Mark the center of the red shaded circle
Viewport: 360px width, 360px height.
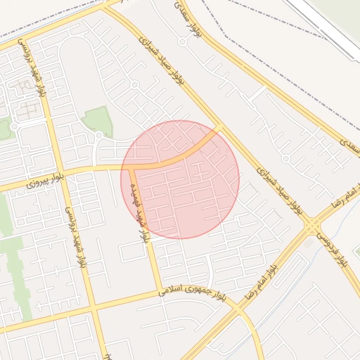tap(180, 179)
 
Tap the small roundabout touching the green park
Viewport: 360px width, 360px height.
tap(99, 135)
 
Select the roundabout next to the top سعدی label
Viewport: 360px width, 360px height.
tap(182, 42)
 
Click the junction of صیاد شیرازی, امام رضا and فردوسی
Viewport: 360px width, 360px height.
tap(310, 225)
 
